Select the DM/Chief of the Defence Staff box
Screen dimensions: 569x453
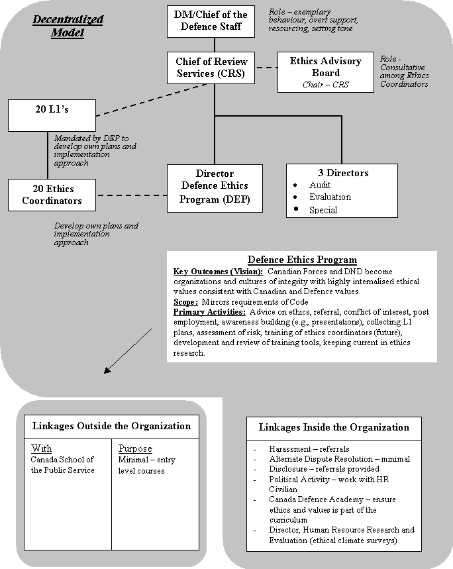coord(210,21)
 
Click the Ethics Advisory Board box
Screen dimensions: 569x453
coord(325,72)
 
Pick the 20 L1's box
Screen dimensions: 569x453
coord(52,115)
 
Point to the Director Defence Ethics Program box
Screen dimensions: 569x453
coord(215,188)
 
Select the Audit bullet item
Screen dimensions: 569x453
coord(320,185)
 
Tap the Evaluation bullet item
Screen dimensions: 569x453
coord(330,197)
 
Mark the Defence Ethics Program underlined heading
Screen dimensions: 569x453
coord(302,260)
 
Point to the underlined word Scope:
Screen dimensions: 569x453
coord(186,302)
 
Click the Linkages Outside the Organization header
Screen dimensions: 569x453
coord(111,426)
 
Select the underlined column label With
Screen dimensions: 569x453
coord(42,448)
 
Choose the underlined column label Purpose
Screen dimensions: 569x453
coord(135,448)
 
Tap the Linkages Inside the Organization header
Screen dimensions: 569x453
coord(334,427)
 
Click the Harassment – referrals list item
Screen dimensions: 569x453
coord(309,449)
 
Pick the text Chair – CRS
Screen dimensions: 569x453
coord(325,84)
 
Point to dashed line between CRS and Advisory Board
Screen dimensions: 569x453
coord(266,68)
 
